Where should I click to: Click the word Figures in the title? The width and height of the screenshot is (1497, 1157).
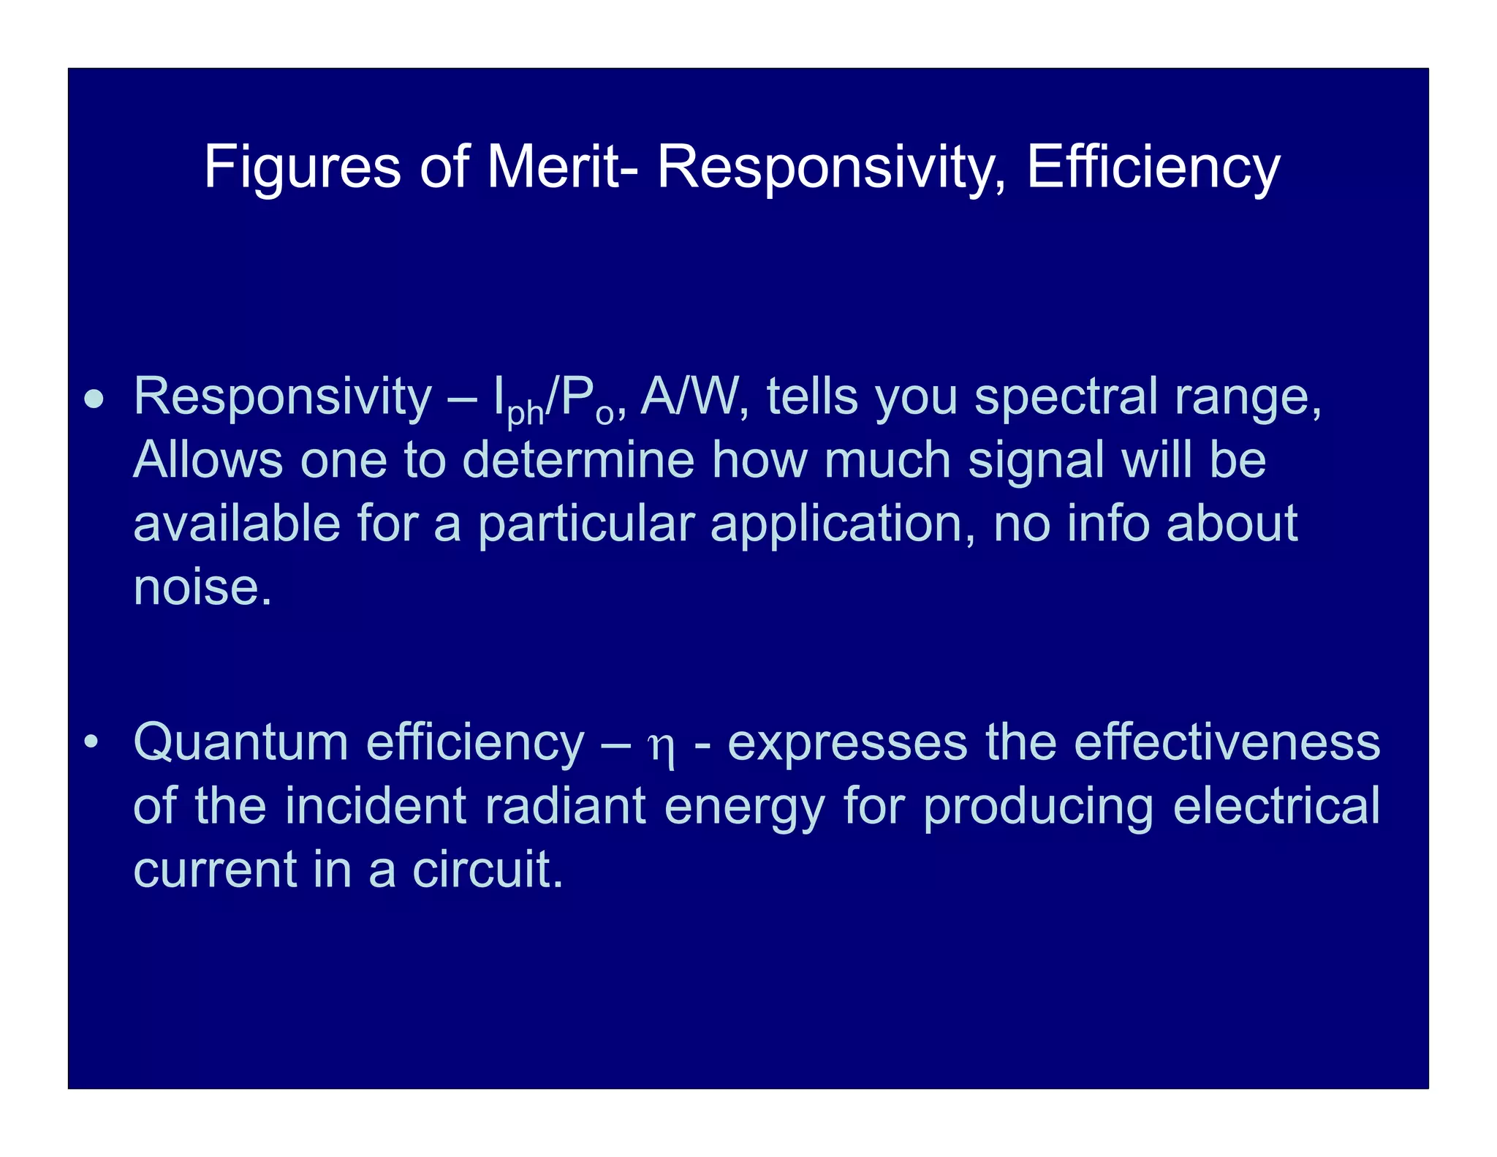pyautogui.click(x=302, y=167)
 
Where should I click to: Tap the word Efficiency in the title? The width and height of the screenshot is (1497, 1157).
pyautogui.click(x=1153, y=167)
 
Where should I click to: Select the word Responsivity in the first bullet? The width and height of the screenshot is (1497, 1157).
pyautogui.click(x=282, y=397)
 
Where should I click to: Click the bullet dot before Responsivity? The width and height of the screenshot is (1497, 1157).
pyautogui.click(x=94, y=399)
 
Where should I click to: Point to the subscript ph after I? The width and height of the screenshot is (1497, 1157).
pyautogui.click(x=526, y=414)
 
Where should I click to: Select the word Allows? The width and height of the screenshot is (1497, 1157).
pyautogui.click(x=208, y=460)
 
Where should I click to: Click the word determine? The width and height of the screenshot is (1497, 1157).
pyautogui.click(x=578, y=460)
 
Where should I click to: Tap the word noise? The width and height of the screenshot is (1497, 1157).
pyautogui.click(x=202, y=587)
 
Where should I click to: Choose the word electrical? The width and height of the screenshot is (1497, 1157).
pyautogui.click(x=1276, y=806)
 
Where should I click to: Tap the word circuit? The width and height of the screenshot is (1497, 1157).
pyautogui.click(x=488, y=870)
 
